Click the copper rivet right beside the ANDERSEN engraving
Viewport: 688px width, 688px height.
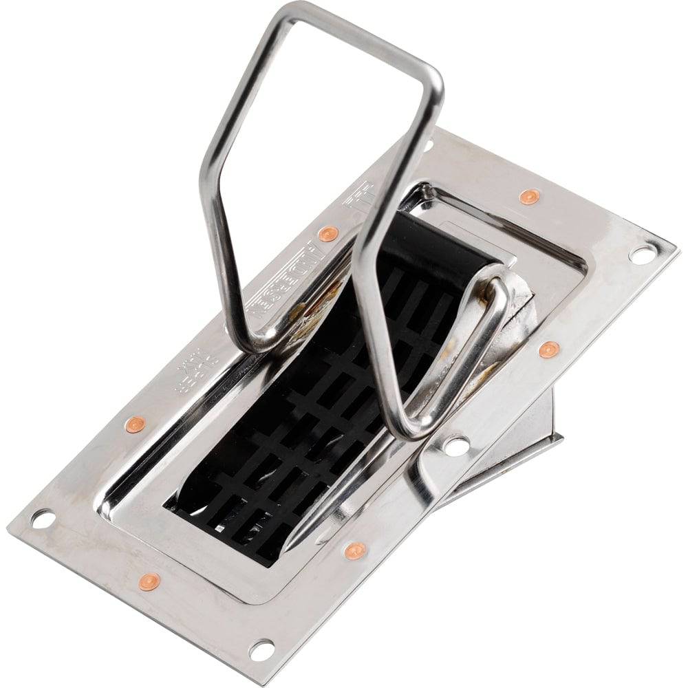click(328, 233)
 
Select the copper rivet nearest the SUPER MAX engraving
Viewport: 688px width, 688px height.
click(135, 424)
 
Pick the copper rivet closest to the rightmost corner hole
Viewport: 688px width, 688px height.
click(528, 197)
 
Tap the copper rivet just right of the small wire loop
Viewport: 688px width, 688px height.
click(548, 350)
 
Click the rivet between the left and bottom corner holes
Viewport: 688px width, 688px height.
click(149, 582)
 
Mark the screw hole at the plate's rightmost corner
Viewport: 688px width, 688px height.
click(641, 255)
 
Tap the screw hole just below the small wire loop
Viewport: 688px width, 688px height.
click(456, 445)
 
